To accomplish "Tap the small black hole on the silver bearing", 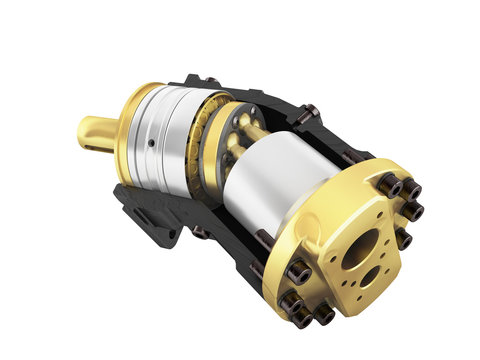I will coord(149,143).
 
